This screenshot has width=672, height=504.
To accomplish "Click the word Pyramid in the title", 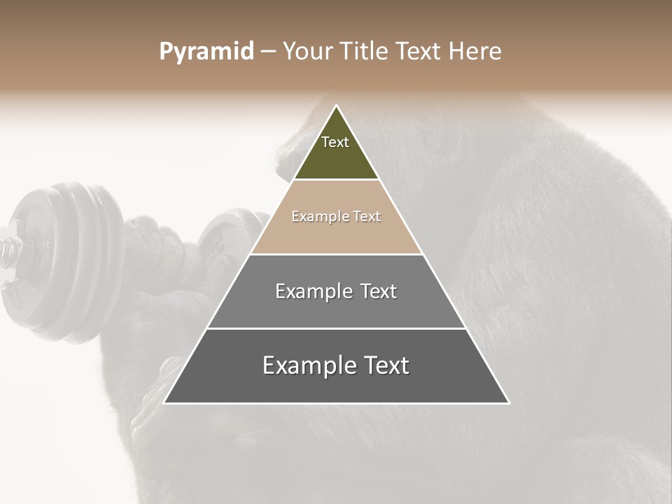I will (x=206, y=52).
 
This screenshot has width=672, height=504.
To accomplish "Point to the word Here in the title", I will (x=475, y=52).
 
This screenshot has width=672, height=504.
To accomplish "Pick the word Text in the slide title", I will (x=420, y=52).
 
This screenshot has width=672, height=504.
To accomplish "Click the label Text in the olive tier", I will (x=335, y=142).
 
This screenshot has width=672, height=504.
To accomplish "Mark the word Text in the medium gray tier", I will (x=379, y=291).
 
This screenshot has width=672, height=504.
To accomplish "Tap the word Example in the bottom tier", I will (x=301, y=365).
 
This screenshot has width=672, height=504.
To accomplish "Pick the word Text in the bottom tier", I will (x=385, y=365).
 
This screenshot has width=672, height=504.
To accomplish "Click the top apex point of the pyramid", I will (x=336, y=106).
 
